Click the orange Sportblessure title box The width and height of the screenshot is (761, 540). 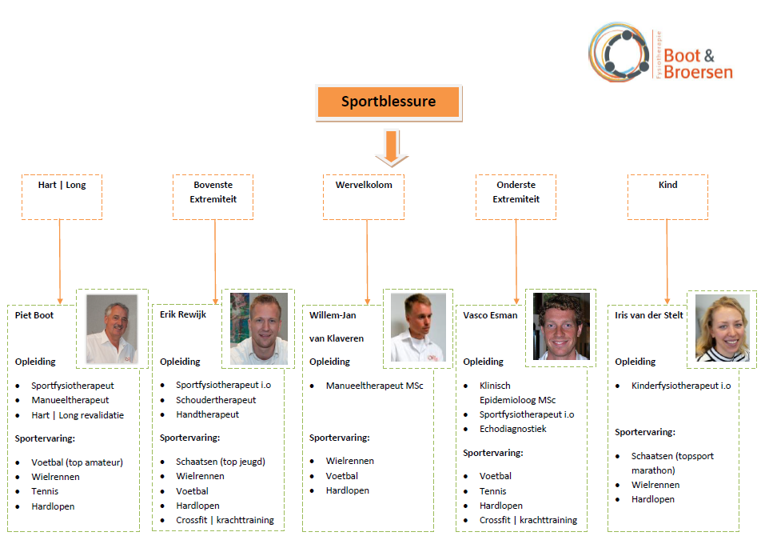[x=388, y=102]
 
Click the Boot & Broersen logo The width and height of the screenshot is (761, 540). [x=660, y=52]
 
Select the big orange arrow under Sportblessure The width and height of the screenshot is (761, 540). [x=392, y=148]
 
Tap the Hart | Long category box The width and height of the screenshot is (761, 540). [x=62, y=197]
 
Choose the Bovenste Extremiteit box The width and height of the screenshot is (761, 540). [x=213, y=197]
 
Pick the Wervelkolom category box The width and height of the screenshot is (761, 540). [x=364, y=197]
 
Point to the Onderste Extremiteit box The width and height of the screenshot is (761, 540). [x=516, y=197]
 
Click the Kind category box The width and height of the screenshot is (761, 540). [x=667, y=197]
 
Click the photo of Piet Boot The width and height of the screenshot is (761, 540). [x=112, y=329]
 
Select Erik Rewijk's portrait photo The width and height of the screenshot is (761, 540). [x=259, y=328]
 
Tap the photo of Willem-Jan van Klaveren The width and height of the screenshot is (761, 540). [x=418, y=327]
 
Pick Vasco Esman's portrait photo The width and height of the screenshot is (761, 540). [x=561, y=326]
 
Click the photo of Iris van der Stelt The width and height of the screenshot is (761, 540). [x=722, y=328]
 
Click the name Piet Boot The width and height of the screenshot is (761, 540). [x=34, y=315]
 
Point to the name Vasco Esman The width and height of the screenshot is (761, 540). [x=490, y=315]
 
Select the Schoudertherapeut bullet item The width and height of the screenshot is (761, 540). [x=216, y=400]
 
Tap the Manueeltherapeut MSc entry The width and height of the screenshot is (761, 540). [x=374, y=386]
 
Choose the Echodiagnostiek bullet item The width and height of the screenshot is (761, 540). [x=513, y=429]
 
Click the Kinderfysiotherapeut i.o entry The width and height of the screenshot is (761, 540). [x=681, y=386]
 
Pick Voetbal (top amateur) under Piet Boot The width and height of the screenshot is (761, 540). [x=78, y=462]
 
